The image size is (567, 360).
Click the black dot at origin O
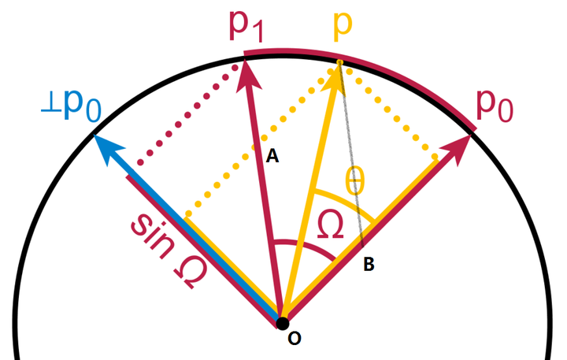pyautogui.click(x=283, y=322)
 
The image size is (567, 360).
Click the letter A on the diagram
pyautogui.click(x=272, y=157)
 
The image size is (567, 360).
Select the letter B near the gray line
pyautogui.click(x=368, y=265)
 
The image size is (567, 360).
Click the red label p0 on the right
pyautogui.click(x=498, y=104)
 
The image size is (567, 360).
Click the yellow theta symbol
pyautogui.click(x=355, y=181)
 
